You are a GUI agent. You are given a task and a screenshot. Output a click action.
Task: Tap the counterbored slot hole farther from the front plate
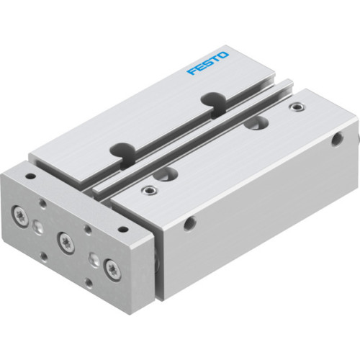253,123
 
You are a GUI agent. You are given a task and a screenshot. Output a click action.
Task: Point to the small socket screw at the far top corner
293,107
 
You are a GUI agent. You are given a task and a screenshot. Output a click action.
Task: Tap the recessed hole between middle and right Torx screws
92,258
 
